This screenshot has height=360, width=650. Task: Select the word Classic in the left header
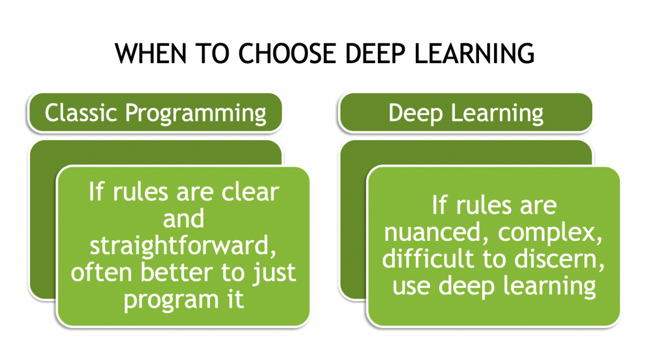click(x=81, y=113)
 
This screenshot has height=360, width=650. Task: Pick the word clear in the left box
click(x=250, y=193)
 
